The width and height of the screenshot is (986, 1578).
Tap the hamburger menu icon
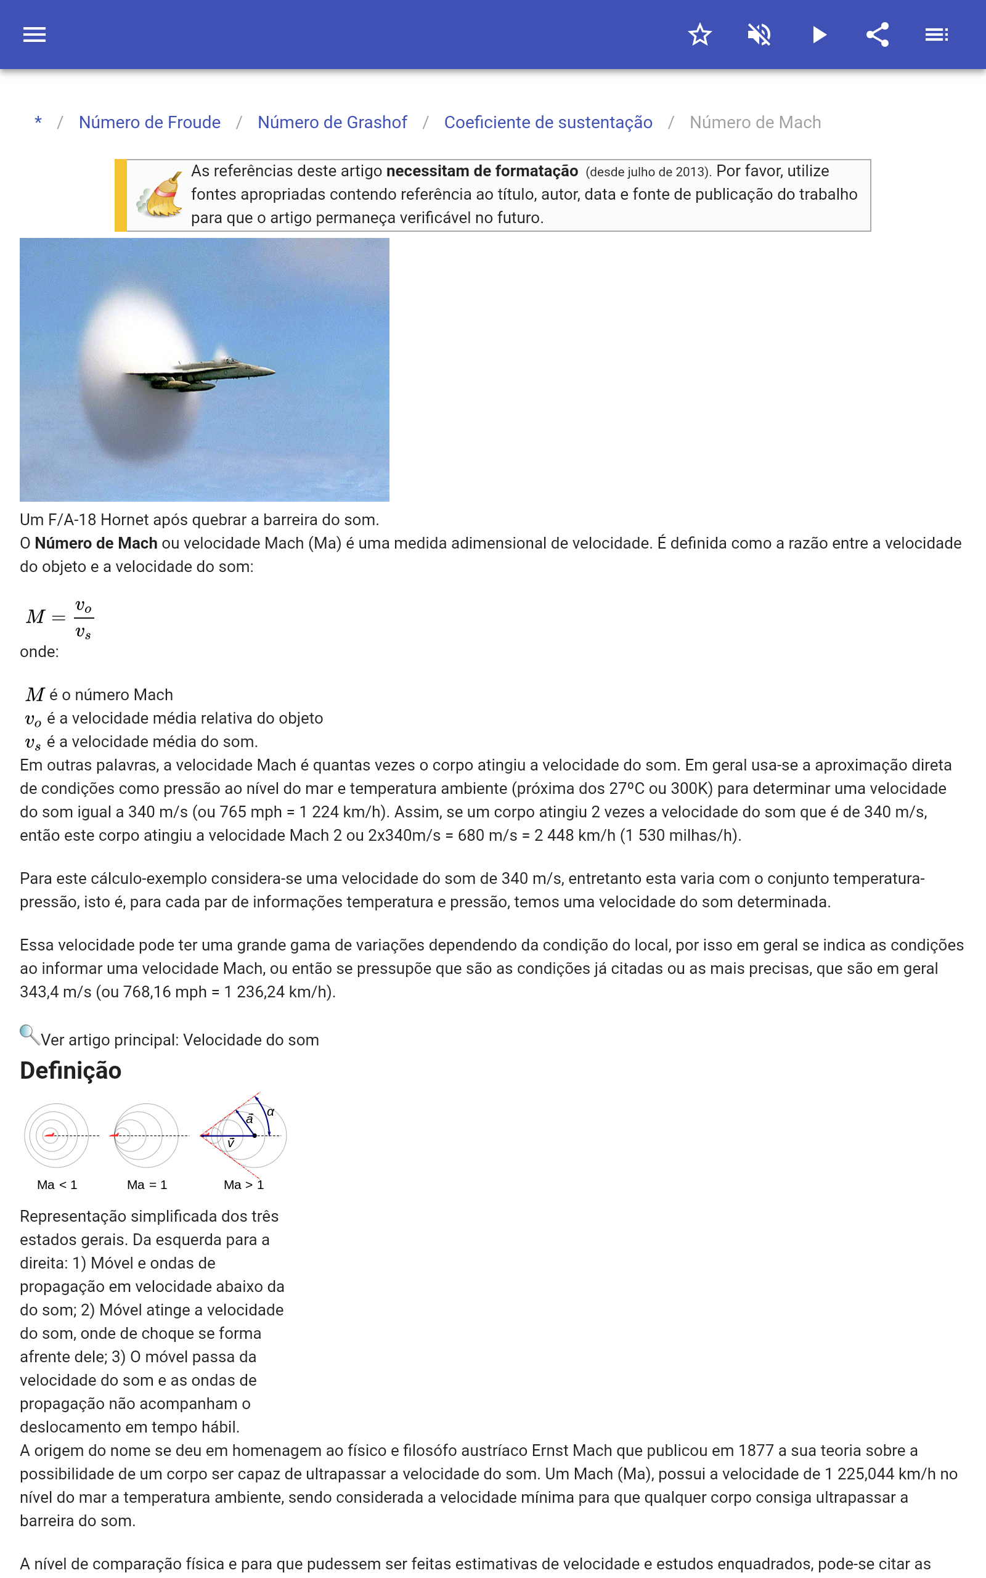point(35,35)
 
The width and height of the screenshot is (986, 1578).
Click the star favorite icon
point(699,35)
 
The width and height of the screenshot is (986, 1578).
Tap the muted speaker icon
point(759,35)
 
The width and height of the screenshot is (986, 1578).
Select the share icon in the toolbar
point(878,35)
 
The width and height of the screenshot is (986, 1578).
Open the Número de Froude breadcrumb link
point(149,123)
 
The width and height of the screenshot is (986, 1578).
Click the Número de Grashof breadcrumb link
point(332,123)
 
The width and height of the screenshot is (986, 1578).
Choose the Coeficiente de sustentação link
point(548,123)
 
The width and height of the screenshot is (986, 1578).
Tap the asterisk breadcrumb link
point(38,122)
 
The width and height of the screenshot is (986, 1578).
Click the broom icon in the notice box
point(160,195)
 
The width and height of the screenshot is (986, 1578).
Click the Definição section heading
point(70,1071)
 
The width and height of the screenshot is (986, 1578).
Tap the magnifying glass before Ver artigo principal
point(29,1035)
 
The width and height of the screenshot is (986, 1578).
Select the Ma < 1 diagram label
point(57,1185)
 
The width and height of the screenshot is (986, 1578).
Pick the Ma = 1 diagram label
point(147,1185)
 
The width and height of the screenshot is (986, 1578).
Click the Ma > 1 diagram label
point(243,1185)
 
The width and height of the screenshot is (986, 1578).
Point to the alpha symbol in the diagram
point(271,1113)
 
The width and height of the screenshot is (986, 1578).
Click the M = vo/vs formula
point(60,617)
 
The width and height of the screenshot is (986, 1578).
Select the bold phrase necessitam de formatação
point(482,171)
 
